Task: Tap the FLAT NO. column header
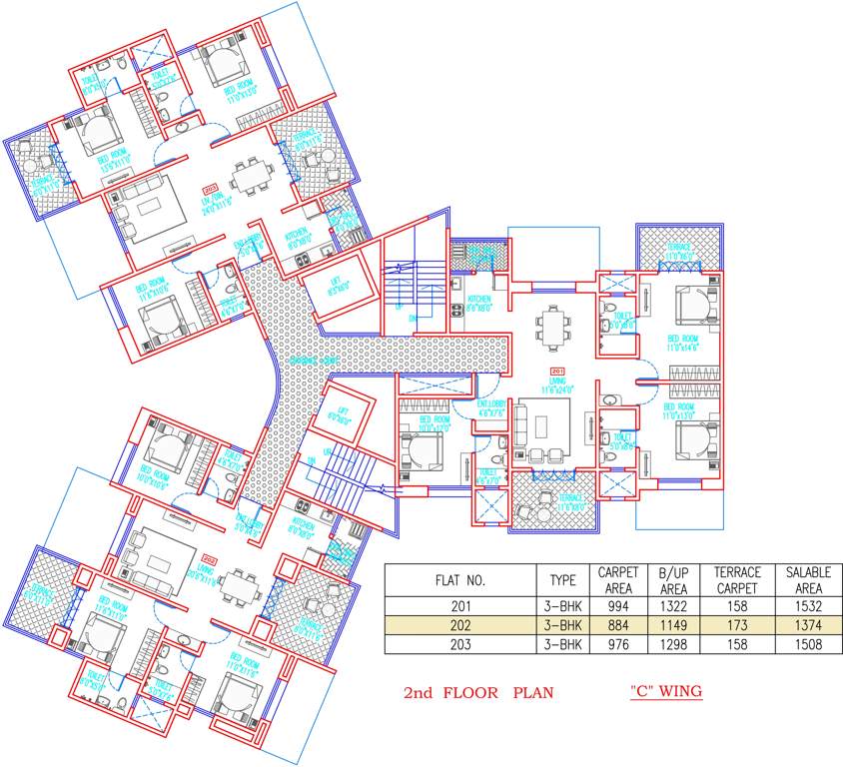click(x=460, y=580)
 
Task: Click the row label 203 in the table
click(x=460, y=644)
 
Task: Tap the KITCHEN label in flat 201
click(x=478, y=304)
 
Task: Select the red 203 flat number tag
click(x=209, y=189)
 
